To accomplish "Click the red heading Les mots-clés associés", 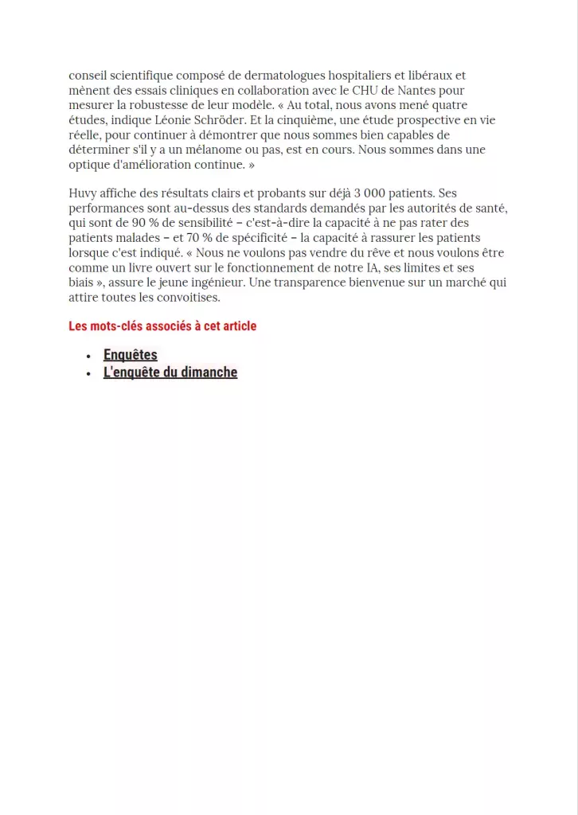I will (x=162, y=326).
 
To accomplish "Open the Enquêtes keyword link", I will (x=131, y=355).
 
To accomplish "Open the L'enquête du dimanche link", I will (x=170, y=372).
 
